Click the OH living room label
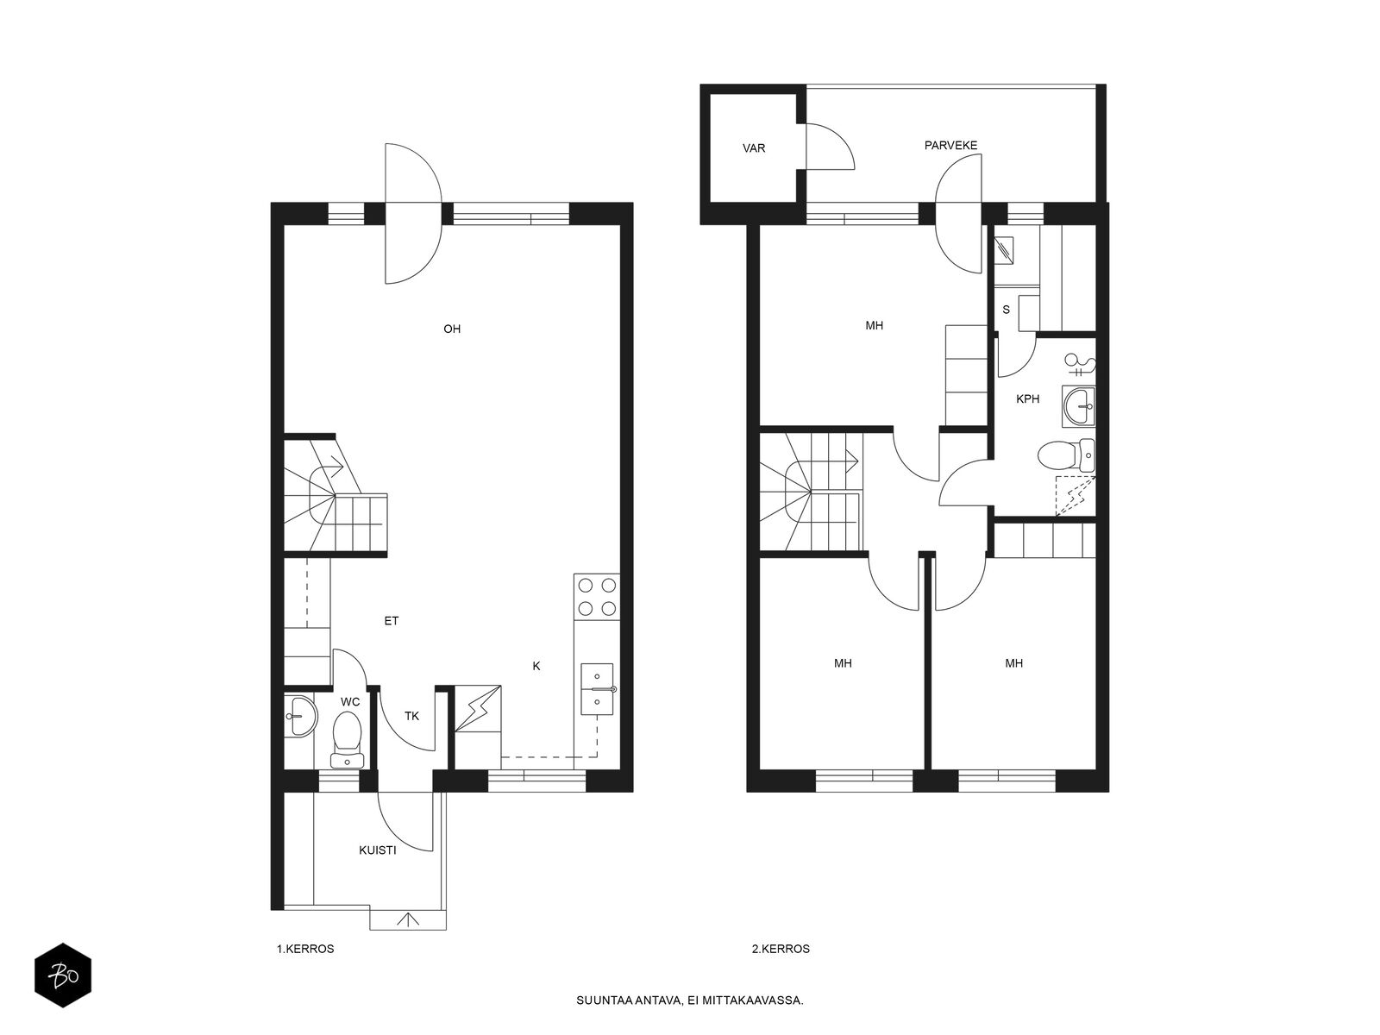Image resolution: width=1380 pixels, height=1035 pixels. (451, 329)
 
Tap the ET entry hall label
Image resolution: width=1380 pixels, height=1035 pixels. (391, 621)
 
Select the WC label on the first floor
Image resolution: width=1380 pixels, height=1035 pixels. (350, 701)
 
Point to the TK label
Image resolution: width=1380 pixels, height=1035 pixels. (411, 716)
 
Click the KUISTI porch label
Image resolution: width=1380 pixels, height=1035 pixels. (377, 850)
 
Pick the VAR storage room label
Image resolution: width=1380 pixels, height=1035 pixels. (754, 148)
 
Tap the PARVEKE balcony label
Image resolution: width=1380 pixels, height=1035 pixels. (950, 145)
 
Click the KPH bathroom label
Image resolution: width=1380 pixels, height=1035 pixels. (1028, 398)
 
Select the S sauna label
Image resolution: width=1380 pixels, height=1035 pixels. (1006, 309)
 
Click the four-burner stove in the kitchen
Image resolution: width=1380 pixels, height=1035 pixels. (597, 596)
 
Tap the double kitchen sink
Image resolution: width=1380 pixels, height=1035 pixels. (597, 689)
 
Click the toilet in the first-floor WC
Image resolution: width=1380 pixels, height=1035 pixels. (347, 739)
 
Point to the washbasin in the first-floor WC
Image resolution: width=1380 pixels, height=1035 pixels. (301, 715)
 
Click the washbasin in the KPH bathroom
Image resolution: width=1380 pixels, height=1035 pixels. (1079, 406)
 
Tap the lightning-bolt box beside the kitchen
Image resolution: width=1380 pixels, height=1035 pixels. (478, 708)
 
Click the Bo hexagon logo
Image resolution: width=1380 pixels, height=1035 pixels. (63, 975)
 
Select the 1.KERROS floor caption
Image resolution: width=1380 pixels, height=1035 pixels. (305, 949)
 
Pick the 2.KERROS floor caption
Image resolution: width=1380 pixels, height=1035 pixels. (781, 949)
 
